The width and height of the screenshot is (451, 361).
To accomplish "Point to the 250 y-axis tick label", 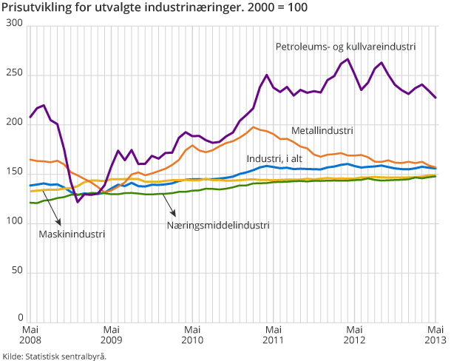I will click(x=14, y=75).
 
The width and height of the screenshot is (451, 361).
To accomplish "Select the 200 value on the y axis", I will click(x=14, y=124).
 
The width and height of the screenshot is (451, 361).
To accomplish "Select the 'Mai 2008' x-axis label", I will click(x=30, y=335).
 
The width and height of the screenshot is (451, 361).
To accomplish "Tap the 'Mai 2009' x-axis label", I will click(x=111, y=335).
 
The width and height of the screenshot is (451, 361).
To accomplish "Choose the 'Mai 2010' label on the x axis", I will click(x=192, y=335).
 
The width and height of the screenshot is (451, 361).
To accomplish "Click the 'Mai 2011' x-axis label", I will click(x=274, y=335).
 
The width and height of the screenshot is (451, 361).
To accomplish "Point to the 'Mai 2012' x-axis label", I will click(x=355, y=335).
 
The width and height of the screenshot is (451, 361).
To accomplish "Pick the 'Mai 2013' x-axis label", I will click(x=435, y=335).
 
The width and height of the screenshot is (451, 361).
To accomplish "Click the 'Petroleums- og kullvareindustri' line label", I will click(x=345, y=46).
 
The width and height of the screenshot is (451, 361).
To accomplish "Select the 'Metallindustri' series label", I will click(x=322, y=130).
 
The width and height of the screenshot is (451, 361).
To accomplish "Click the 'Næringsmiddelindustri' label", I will click(x=217, y=225).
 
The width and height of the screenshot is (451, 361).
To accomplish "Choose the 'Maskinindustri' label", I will click(x=72, y=234).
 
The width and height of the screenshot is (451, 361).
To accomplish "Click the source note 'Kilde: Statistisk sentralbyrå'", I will click(x=55, y=355).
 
